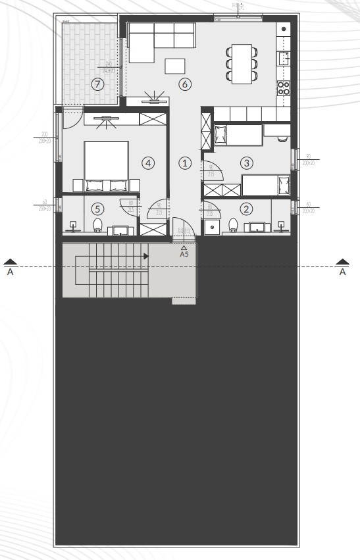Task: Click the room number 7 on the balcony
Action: tap(97, 84)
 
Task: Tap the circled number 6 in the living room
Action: tap(185, 84)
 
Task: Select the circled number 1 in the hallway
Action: tap(185, 162)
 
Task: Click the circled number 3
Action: tap(247, 162)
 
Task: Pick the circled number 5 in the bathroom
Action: tap(97, 209)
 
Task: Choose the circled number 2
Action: tap(247, 209)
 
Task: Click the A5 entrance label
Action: tap(184, 253)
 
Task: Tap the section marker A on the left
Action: tap(10, 268)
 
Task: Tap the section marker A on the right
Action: tap(342, 268)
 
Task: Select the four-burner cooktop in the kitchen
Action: tap(284, 88)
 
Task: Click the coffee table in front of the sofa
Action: tap(175, 66)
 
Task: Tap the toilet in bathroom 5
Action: tap(98, 226)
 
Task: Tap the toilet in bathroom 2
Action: tap(233, 226)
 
